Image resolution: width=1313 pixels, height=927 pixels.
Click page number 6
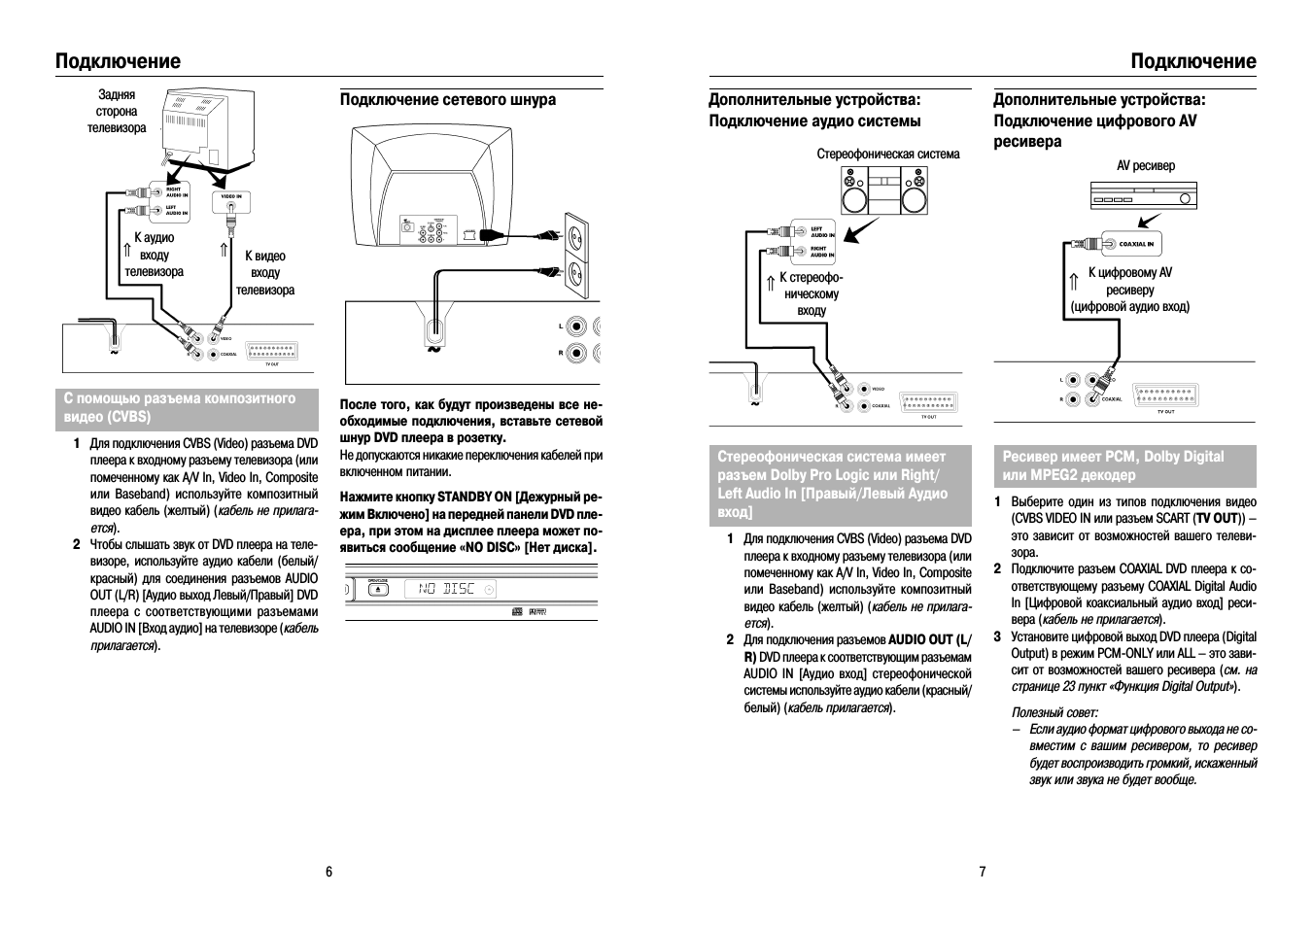[x=328, y=872]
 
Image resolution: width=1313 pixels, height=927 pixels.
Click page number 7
[x=982, y=872]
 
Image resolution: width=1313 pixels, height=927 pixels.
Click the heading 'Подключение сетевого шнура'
[x=448, y=100]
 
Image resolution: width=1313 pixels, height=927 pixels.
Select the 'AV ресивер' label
[x=1145, y=166]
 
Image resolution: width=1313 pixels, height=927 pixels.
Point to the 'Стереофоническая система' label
[x=887, y=154]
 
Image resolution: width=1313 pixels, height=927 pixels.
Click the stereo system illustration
[x=883, y=189]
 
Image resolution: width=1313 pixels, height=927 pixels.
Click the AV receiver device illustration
[x=1145, y=197]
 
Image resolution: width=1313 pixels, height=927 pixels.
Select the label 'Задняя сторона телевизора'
[x=117, y=112]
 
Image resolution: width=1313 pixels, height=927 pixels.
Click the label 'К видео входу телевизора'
[x=264, y=273]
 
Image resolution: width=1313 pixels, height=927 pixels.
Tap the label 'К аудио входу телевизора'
[x=154, y=255]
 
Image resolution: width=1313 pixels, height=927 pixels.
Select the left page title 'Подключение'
[x=118, y=61]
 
